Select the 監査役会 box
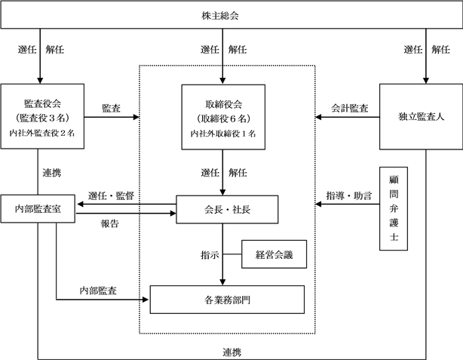click(x=42, y=116)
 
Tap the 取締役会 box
click(x=223, y=117)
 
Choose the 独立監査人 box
click(x=421, y=117)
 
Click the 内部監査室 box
click(x=38, y=208)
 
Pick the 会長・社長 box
click(x=227, y=209)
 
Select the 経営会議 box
click(x=274, y=254)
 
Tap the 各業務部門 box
click(x=227, y=300)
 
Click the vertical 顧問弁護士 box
click(x=394, y=208)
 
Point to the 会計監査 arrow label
click(x=349, y=108)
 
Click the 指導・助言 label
click(x=348, y=195)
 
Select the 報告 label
click(x=110, y=223)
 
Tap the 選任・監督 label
click(x=111, y=195)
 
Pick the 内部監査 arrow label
click(x=98, y=291)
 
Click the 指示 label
click(x=210, y=255)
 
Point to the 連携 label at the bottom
click(x=231, y=352)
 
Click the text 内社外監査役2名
click(x=42, y=133)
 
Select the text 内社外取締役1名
click(x=223, y=134)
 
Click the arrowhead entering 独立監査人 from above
click(x=426, y=81)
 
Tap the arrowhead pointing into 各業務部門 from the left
click(x=146, y=300)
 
